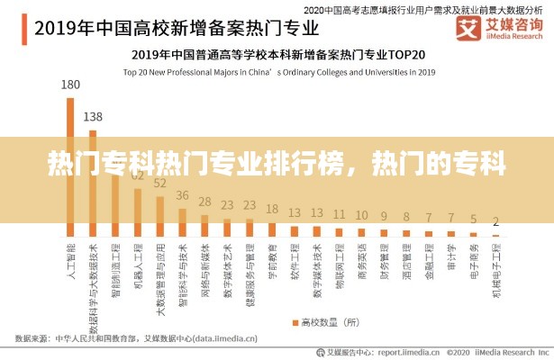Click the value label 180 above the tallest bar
(70, 85)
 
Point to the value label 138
(93, 116)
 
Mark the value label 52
(160, 184)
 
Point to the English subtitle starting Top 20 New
(279, 71)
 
